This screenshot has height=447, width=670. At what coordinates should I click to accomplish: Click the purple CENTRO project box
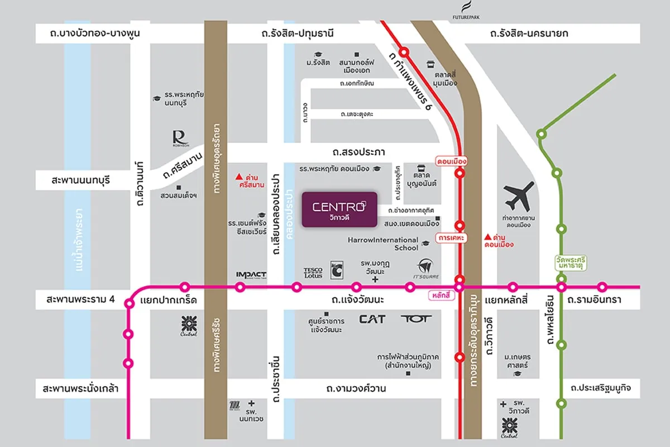[x=339, y=210]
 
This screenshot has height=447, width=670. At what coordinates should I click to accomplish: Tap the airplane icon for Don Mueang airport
[x=519, y=196]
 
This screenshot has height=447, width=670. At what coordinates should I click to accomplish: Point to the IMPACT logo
[x=251, y=274]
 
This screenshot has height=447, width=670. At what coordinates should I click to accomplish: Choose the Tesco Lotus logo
[x=313, y=273]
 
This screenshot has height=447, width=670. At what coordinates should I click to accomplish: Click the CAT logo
[x=372, y=319]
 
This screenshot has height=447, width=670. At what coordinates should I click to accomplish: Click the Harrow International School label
[x=383, y=244]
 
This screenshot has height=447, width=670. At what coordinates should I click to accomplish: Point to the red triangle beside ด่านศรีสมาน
[x=240, y=175]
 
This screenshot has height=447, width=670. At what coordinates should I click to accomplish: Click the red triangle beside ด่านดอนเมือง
[x=487, y=236]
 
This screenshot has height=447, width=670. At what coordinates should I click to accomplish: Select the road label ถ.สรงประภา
[x=358, y=152]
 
